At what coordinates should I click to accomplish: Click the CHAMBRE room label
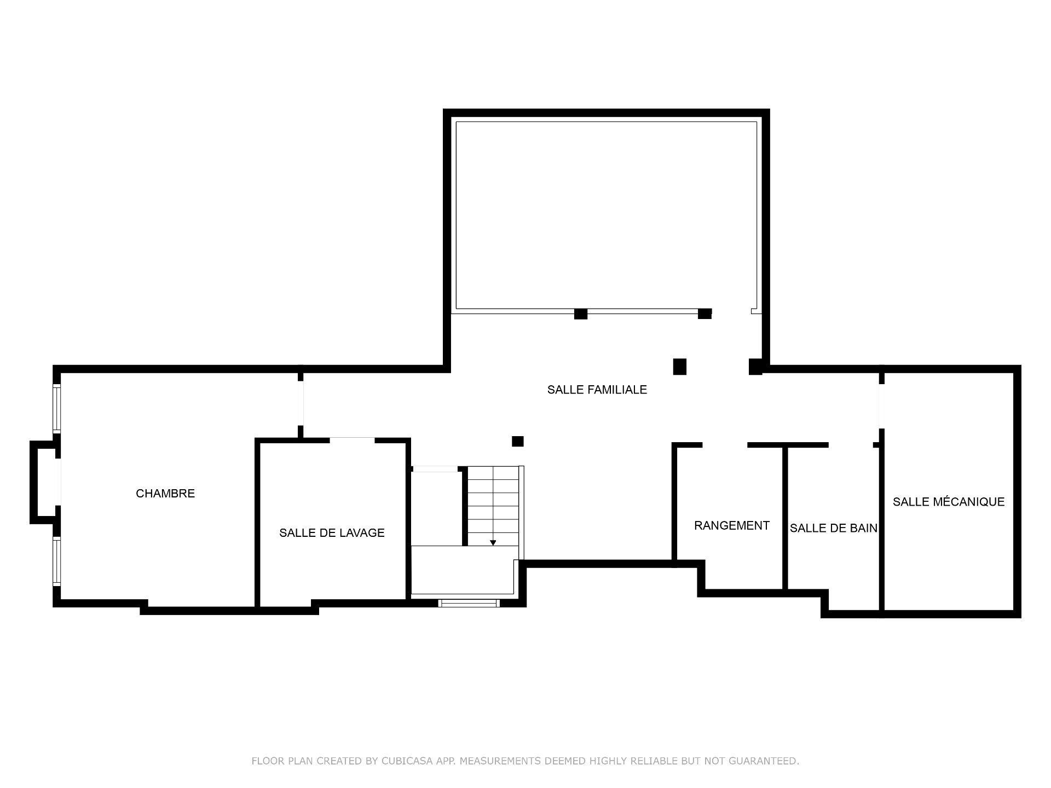point(165,494)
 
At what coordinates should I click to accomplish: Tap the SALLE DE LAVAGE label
point(332,533)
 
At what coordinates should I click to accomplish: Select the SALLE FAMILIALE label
point(597,390)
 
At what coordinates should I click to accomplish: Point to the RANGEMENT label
point(732,526)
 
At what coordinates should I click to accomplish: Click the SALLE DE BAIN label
point(833,528)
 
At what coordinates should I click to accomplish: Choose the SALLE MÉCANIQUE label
point(949,502)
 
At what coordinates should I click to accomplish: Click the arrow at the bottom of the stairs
point(493,542)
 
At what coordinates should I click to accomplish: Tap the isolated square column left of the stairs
point(517,441)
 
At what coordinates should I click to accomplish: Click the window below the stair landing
point(469,603)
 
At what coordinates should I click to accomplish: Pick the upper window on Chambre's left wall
point(56,409)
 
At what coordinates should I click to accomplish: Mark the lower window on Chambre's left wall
point(56,561)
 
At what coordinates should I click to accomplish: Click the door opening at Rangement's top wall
point(725,445)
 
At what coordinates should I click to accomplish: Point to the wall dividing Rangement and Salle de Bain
point(785,518)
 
